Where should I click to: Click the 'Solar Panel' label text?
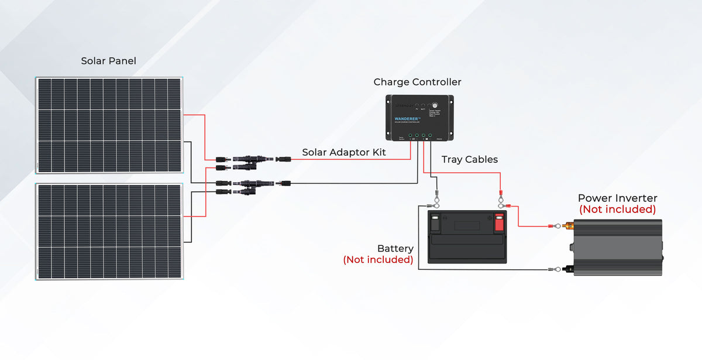[x=109, y=61]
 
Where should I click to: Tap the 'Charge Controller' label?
[x=417, y=82]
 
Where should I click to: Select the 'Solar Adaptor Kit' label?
[x=344, y=152]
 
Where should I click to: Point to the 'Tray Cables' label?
[x=470, y=159]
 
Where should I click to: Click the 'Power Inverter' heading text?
[x=617, y=198]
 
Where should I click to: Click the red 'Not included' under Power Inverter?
[x=617, y=210]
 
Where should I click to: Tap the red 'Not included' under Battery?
[x=378, y=259]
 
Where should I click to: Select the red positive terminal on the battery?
[x=499, y=223]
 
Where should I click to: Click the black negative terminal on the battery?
[x=436, y=223]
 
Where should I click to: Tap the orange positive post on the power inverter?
[x=567, y=226]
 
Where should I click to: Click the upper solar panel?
[x=109, y=125]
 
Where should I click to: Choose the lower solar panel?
[x=109, y=231]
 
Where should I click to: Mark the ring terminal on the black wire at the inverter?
[x=550, y=270]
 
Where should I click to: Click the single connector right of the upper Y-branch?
[x=284, y=159]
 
